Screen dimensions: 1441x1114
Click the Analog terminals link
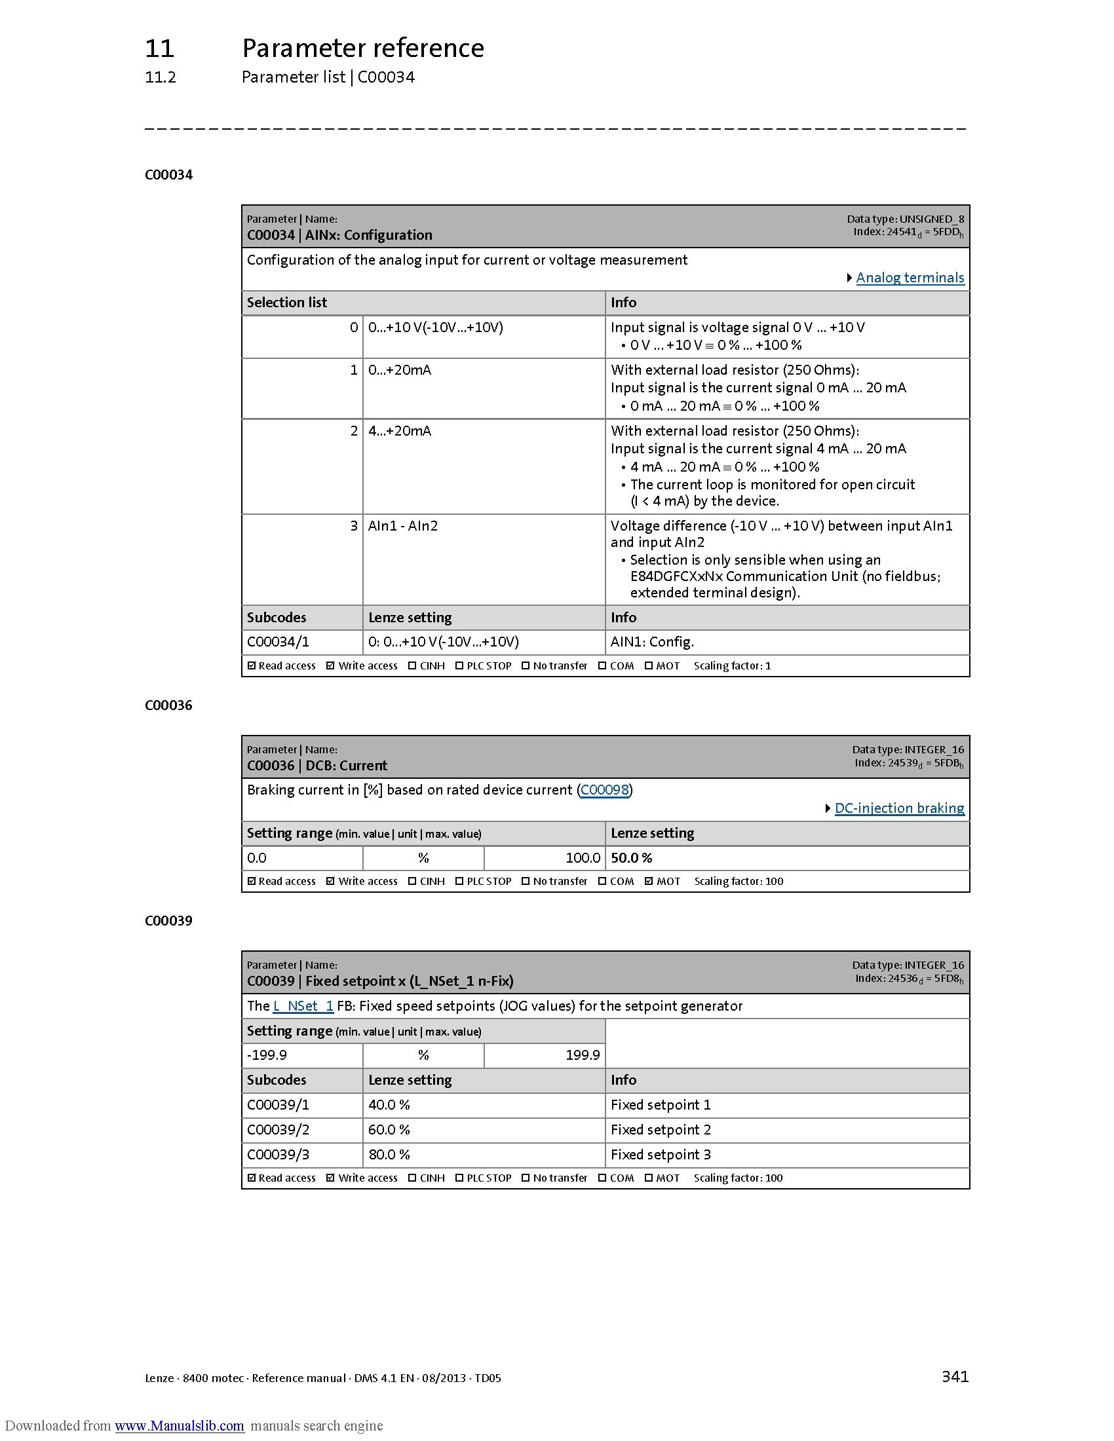910,278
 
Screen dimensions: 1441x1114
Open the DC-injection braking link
899,808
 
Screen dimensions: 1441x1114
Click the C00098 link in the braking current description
605,790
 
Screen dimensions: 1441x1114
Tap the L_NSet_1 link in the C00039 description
303,1006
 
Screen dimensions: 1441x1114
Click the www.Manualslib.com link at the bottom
179,1425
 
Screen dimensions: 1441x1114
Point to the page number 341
955,1376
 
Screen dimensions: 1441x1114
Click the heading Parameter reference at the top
363,48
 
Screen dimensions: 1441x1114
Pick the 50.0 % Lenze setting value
632,858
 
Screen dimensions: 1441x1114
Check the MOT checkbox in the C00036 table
649,881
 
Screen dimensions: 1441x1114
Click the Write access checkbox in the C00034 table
331,665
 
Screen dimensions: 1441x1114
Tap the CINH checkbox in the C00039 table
412,1178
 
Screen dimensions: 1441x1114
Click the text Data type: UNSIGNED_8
906,219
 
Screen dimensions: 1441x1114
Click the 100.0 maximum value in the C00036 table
583,858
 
